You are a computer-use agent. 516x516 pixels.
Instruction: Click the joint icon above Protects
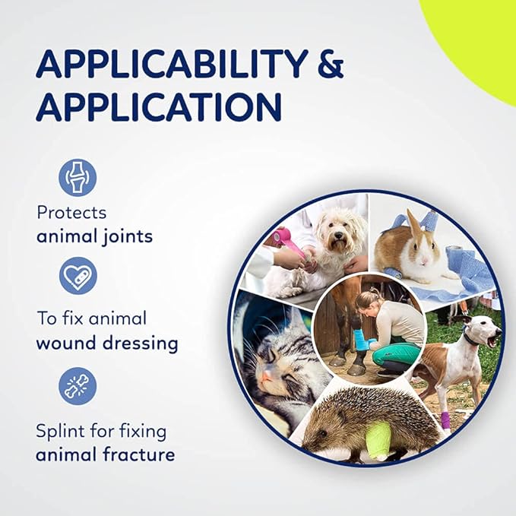click(78, 178)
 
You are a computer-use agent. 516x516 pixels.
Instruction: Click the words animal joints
click(94, 236)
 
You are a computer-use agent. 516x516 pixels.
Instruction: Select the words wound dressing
click(106, 343)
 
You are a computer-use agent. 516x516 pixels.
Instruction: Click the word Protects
click(71, 213)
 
